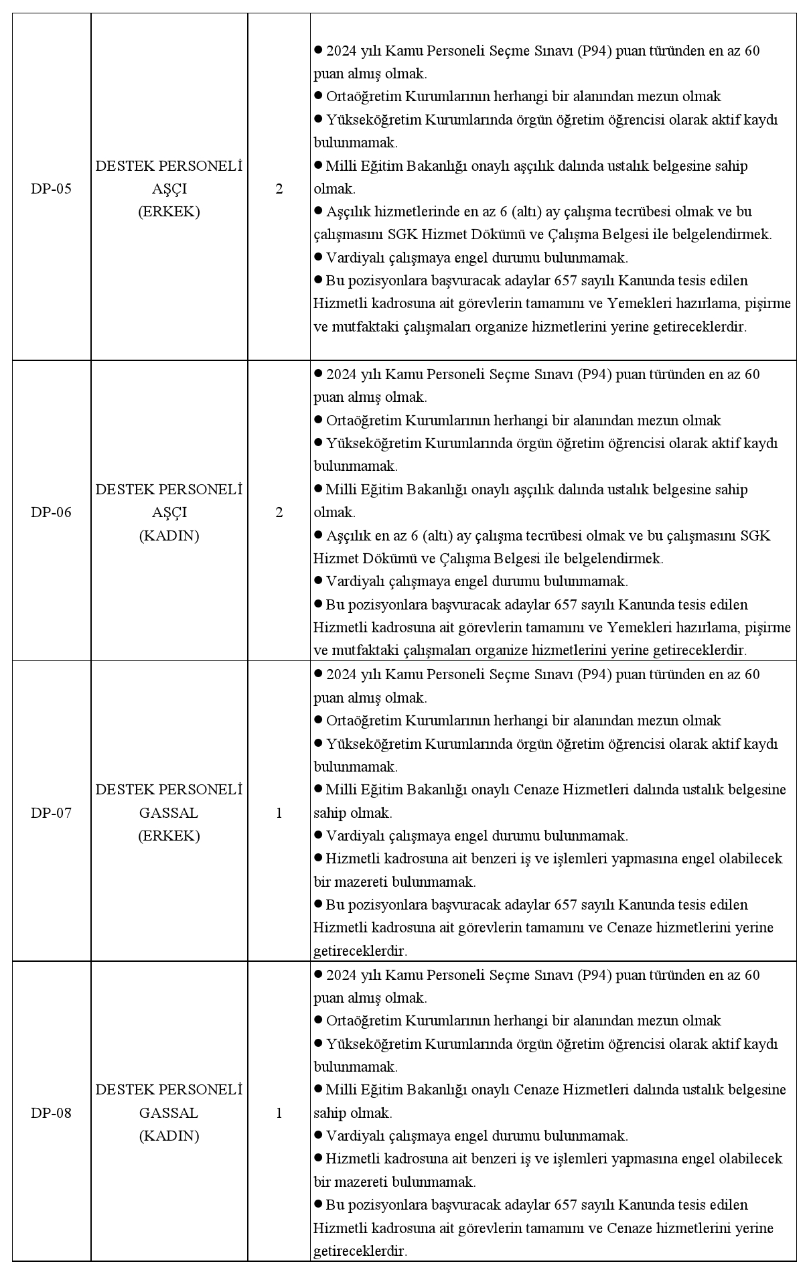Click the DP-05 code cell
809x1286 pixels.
pos(51,189)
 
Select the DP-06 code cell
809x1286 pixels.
pos(51,512)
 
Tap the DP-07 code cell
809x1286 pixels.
pos(51,813)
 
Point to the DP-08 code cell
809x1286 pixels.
pos(51,1113)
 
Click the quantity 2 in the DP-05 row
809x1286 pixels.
pos(279,189)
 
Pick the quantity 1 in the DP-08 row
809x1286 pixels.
pos(279,1113)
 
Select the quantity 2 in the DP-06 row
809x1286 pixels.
pos(279,512)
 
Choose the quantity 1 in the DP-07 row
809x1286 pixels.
pos(279,813)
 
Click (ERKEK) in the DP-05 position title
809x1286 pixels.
pos(169,212)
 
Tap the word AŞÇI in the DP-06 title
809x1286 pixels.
pos(169,512)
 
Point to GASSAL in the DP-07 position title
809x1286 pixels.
pos(169,813)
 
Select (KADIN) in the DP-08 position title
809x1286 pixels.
pos(169,1136)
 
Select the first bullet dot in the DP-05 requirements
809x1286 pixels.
pos(318,50)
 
